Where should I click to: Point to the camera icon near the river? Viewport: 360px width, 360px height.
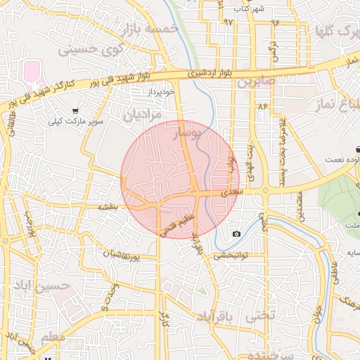tap(236, 233)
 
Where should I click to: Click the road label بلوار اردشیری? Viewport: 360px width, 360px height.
tap(204, 72)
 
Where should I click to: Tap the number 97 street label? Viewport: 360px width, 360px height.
tap(228, 22)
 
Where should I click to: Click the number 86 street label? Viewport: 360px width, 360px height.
tap(263, 105)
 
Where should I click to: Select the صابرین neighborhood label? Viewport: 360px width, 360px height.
tap(253, 82)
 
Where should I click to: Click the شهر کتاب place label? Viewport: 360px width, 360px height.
tap(249, 8)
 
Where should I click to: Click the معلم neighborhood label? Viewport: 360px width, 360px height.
tap(54, 337)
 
